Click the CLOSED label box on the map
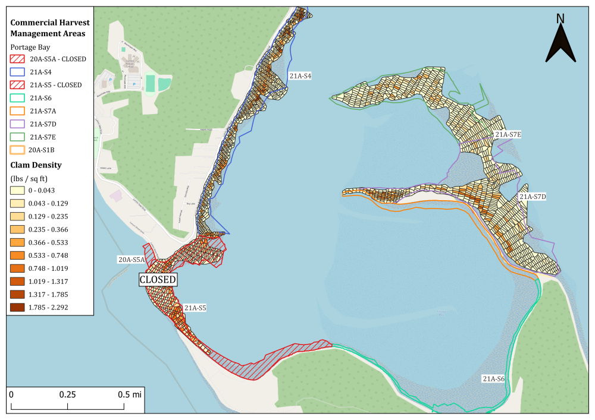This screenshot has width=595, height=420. [158, 280]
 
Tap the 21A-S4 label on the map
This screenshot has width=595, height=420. [300, 76]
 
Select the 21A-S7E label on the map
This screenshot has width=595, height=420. [508, 135]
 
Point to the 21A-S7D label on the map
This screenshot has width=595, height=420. [533, 196]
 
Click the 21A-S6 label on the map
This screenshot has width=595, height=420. [493, 378]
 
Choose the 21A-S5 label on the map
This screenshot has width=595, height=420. [195, 308]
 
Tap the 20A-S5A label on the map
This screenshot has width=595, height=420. [130, 260]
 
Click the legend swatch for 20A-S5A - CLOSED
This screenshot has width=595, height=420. [17, 59]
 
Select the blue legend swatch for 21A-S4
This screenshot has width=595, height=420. [17, 72]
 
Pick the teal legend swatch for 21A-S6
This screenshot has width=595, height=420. [17, 98]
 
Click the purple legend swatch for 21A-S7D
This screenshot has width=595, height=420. [17, 124]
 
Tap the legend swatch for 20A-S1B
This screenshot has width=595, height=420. [17, 150]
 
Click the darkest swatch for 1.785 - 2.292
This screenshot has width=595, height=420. [17, 307]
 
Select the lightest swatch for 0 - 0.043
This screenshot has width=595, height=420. [17, 190]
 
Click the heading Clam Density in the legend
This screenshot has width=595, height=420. [36, 165]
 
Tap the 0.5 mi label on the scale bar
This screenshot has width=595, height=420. [126, 394]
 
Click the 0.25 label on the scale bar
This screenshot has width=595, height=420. [68, 394]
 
